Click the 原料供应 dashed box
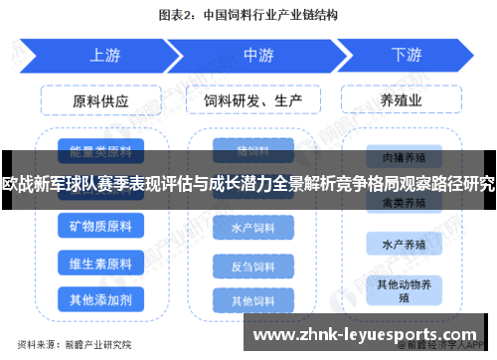pos(100,101)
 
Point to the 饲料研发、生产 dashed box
pos(252,101)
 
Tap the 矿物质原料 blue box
pos(99,228)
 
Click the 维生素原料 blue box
pos(99,264)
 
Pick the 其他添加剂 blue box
pos(99,299)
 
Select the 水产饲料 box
pos(252,228)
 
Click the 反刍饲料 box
pos(252,267)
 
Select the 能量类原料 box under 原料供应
pos(99,152)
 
